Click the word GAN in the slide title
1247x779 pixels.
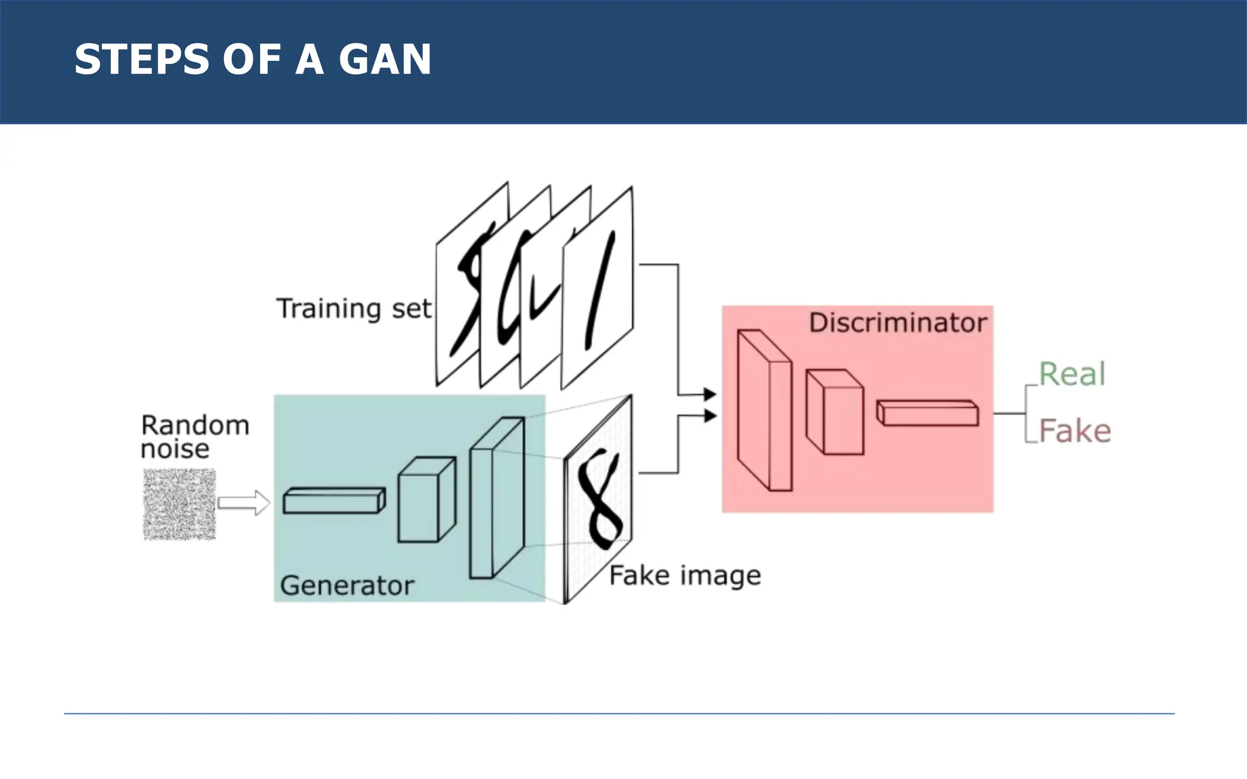coord(385,60)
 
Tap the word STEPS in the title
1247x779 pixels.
coord(142,60)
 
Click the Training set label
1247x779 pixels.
coord(354,309)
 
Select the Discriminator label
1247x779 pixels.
coord(897,323)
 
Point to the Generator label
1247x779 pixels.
coord(347,585)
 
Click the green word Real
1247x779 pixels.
coord(1072,374)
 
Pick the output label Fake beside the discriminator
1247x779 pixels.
coord(1075,431)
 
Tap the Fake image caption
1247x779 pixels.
coord(685,575)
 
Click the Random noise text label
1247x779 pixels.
coord(194,437)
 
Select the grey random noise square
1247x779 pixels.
coord(180,504)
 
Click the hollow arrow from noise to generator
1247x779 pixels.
coord(244,503)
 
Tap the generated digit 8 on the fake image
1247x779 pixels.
coord(600,499)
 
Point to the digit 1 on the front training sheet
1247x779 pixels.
coord(600,289)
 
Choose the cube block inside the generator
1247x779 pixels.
coord(426,500)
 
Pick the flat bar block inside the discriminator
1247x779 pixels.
coord(928,413)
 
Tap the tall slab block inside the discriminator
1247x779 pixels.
coord(764,411)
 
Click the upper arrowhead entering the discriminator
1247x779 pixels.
coord(709,394)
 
